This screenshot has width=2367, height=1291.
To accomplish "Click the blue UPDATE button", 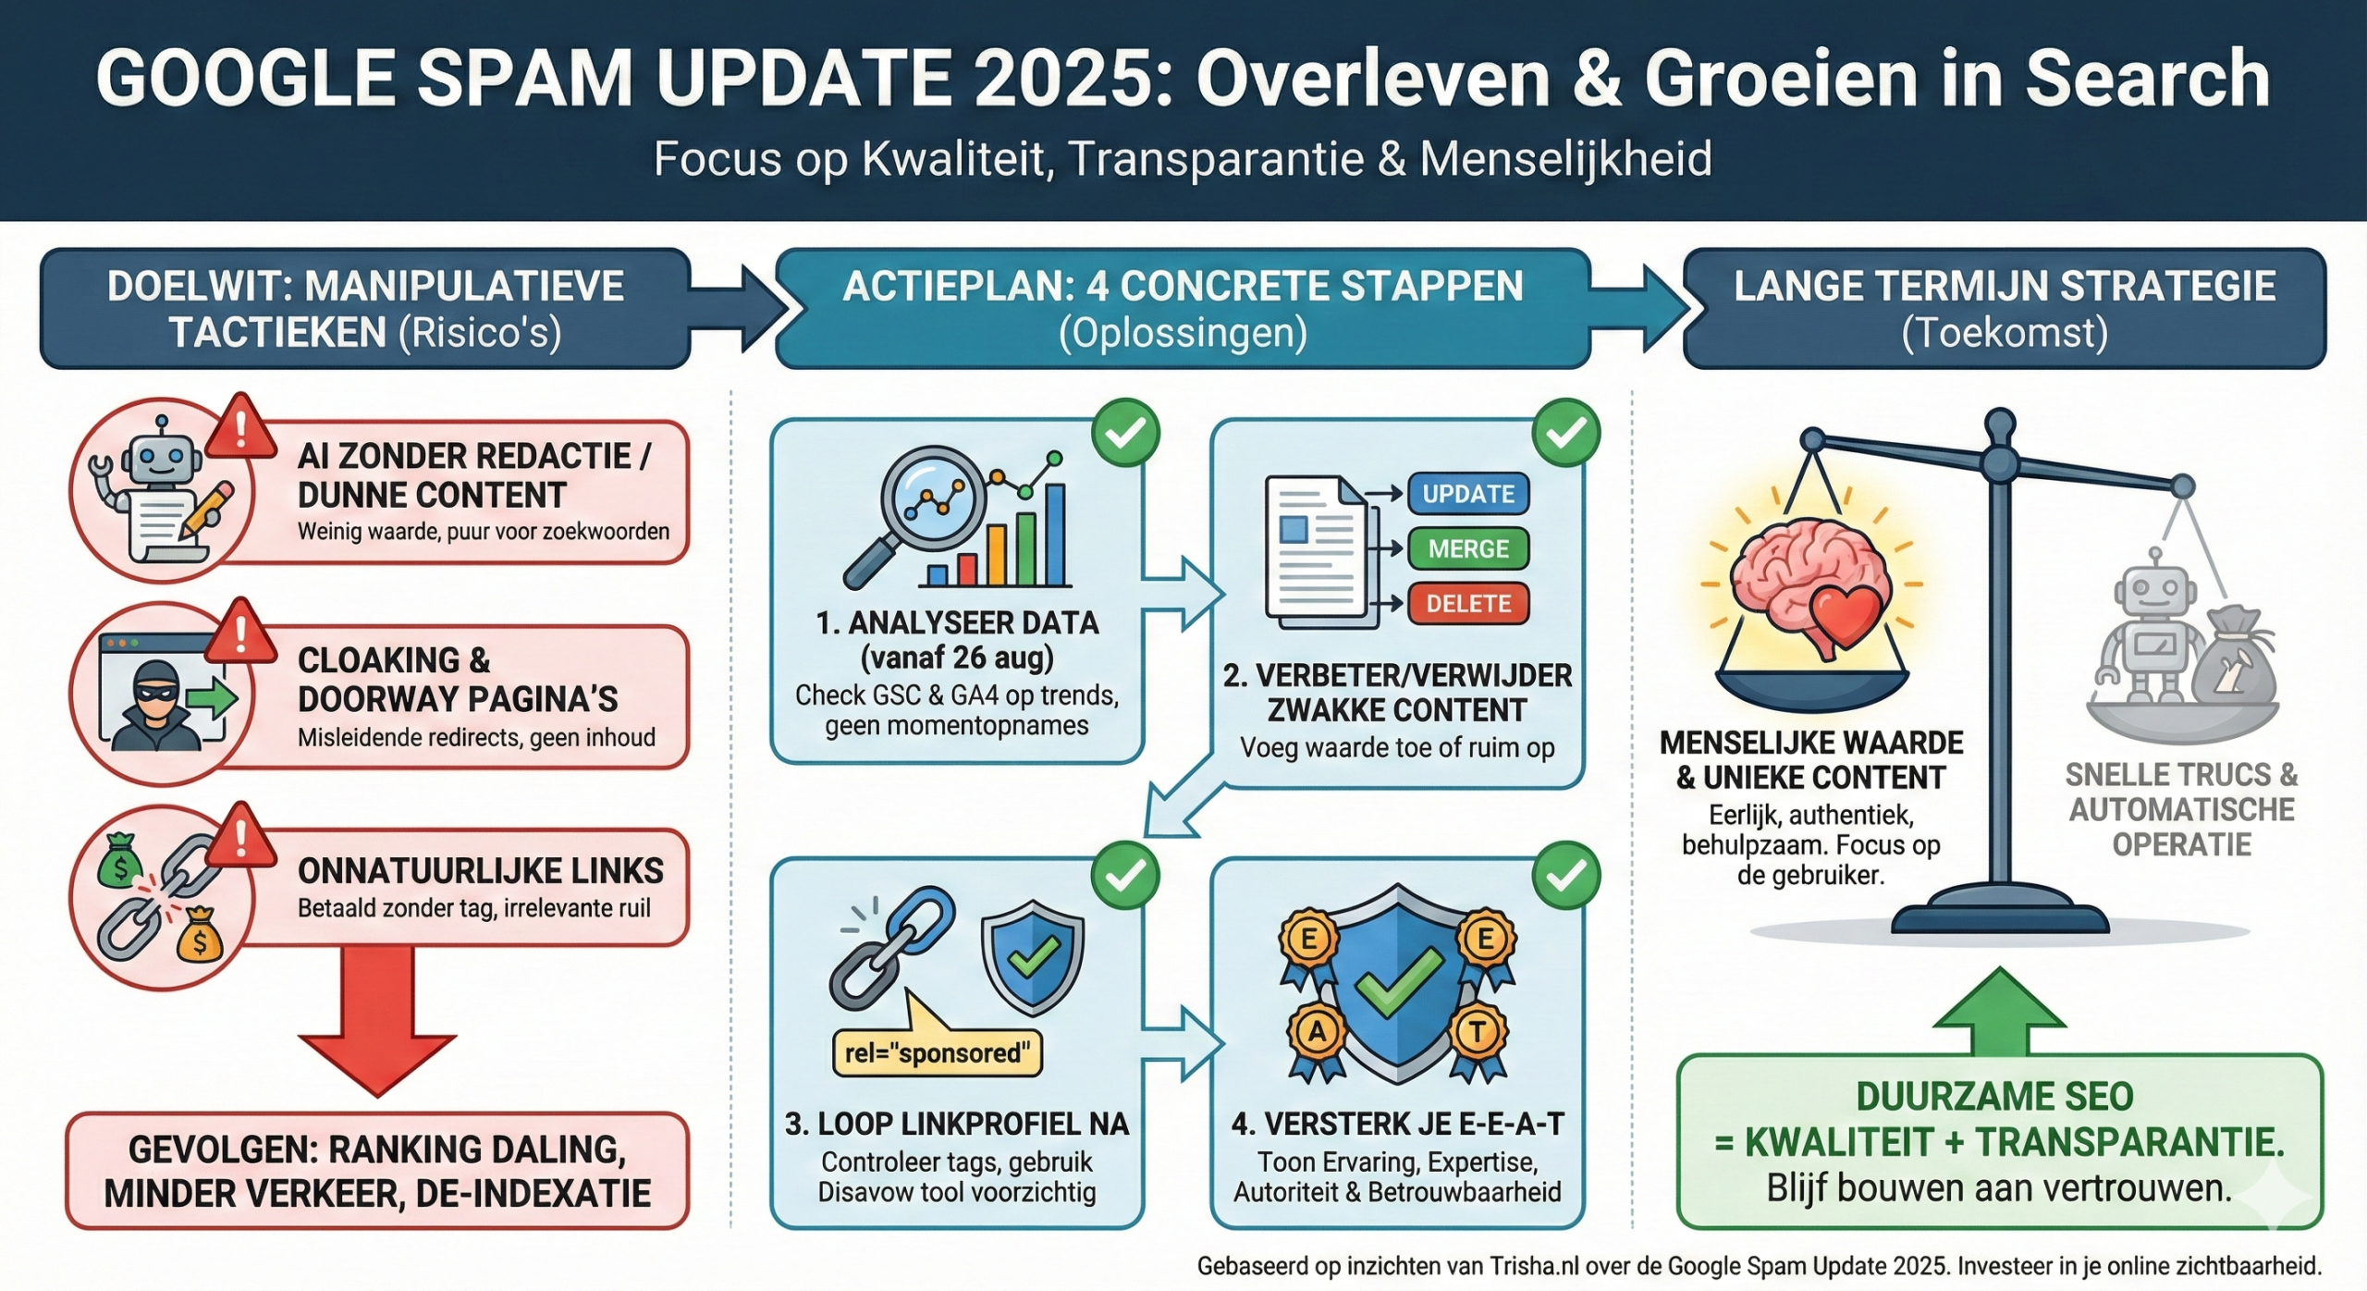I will click(x=1467, y=494).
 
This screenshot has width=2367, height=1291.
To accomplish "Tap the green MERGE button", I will click(x=1467, y=548).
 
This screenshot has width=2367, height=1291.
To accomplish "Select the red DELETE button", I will click(x=1467, y=604).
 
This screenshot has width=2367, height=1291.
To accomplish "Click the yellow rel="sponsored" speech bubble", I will click(x=937, y=1052).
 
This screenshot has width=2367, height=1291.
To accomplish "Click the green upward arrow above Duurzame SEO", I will click(x=1999, y=1013).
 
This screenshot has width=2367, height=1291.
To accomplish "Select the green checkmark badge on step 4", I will click(x=1565, y=876).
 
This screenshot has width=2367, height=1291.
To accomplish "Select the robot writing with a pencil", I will click(x=162, y=490).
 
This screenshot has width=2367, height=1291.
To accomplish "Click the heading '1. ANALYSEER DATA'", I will click(x=957, y=622).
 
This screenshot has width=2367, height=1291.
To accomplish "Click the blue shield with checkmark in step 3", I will click(x=1032, y=958).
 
